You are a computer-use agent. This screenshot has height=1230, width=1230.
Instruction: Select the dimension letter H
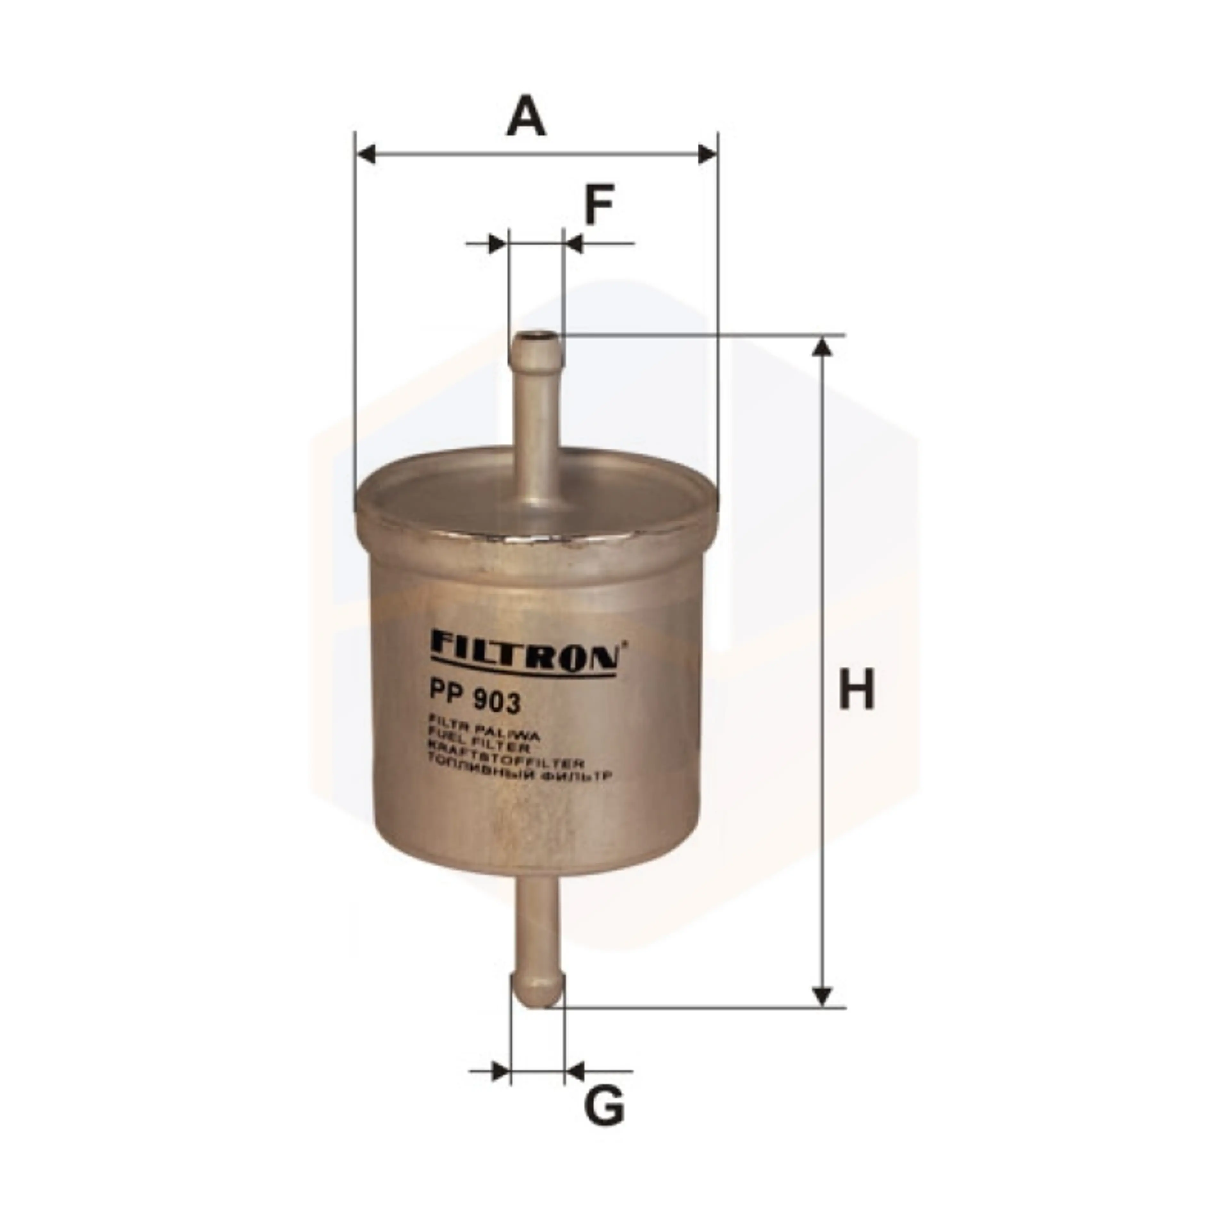point(857,690)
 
